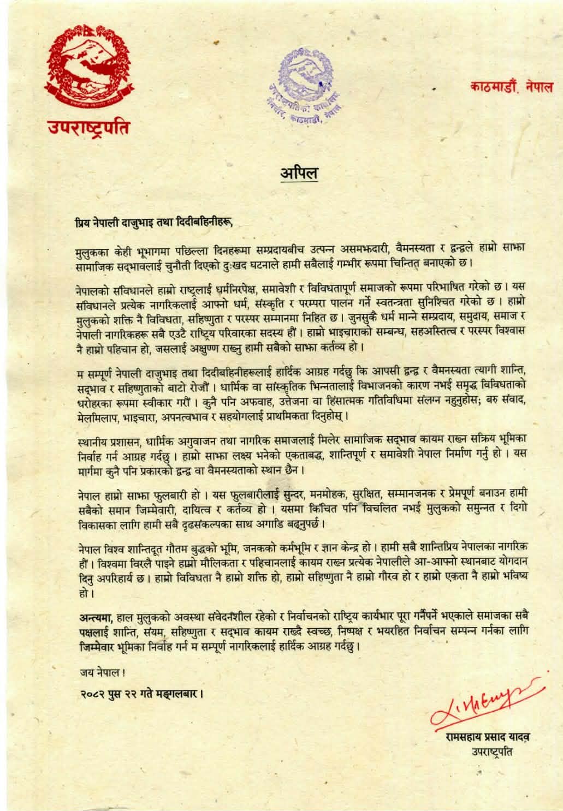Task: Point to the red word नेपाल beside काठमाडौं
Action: pyautogui.click(x=537, y=87)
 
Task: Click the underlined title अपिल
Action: pyautogui.click(x=299, y=173)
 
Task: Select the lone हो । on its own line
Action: pyautogui.click(x=83, y=590)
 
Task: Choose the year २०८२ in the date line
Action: pyautogui.click(x=88, y=695)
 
